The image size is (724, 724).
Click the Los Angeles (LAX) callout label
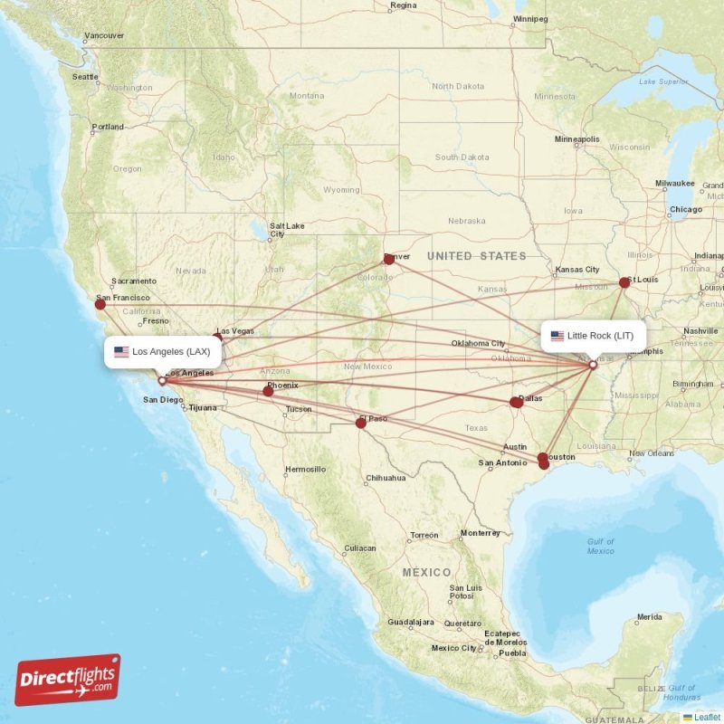tap(163, 351)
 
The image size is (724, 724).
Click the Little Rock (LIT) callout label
tap(594, 336)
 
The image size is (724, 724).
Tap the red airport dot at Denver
tap(389, 259)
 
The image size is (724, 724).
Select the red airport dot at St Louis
tap(624, 282)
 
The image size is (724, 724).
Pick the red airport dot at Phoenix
tap(268, 391)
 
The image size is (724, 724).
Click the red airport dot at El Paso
tap(361, 423)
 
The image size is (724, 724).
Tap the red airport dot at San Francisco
tap(100, 304)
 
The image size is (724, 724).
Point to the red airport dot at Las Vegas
tap(217, 339)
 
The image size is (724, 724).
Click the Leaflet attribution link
tap(707, 717)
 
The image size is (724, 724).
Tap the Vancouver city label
tap(103, 36)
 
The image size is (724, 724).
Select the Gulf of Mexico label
tap(600, 546)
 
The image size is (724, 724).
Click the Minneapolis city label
tap(577, 139)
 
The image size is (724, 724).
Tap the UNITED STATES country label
tap(477, 256)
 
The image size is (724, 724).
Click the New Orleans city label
tap(652, 453)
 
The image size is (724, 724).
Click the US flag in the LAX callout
tap(121, 351)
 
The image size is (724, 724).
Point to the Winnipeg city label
tap(530, 18)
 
